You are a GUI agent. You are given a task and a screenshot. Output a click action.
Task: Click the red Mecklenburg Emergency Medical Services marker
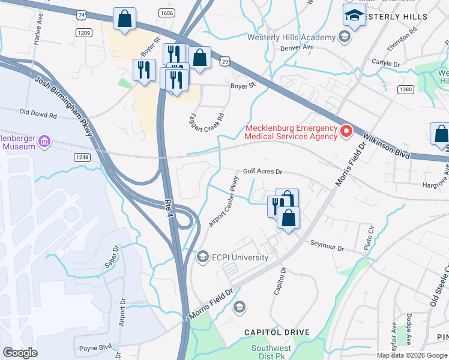point(346,131)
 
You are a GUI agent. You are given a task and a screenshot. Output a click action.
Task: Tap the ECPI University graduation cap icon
point(203,257)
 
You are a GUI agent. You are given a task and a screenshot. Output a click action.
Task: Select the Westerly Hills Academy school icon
point(344,38)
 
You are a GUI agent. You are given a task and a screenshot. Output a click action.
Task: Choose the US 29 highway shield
point(224,61)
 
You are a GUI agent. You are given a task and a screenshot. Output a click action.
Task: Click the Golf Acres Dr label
point(262,171)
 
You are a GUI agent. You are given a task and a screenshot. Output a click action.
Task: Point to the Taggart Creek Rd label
point(206,112)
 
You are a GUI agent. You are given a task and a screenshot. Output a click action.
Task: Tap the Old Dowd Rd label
point(38,112)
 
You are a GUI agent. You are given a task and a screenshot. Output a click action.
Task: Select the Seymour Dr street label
point(327,245)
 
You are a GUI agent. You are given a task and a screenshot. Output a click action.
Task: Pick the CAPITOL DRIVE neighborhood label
point(277,332)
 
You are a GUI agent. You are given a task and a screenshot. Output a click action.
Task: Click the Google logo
point(20,352)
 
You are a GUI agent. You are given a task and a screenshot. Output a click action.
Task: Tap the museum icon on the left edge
point(44,142)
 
